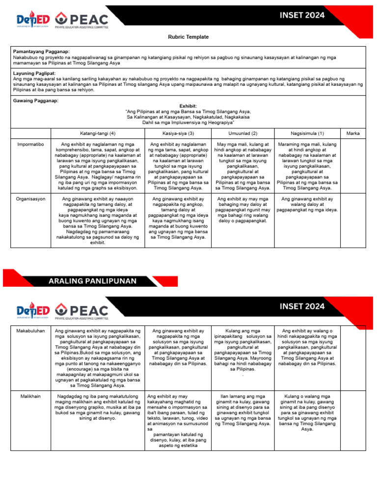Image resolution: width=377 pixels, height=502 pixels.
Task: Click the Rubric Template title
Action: [188, 37]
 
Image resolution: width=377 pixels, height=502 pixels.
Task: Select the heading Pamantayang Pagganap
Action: [41, 51]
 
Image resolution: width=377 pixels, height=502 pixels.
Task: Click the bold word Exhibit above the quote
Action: [188, 106]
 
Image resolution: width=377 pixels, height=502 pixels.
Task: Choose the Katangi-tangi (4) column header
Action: [98, 133]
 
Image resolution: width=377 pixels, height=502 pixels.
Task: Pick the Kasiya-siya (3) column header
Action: [178, 133]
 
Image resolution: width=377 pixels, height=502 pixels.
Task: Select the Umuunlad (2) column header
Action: [242, 133]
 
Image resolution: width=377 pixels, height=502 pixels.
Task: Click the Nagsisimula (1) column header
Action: [307, 133]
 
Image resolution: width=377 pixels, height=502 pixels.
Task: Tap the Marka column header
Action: [353, 133]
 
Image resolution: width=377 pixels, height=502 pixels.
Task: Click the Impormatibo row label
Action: [31, 145]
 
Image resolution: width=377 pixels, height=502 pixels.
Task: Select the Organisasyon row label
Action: [31, 200]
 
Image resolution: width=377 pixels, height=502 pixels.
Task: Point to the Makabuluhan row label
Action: [31, 331]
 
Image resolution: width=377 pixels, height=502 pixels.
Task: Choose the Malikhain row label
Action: [31, 396]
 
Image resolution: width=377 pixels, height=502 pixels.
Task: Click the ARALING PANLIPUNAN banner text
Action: [93, 281]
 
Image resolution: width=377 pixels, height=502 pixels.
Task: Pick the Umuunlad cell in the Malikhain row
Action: [242, 410]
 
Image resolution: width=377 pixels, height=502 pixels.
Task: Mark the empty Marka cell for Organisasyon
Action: [353, 220]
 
